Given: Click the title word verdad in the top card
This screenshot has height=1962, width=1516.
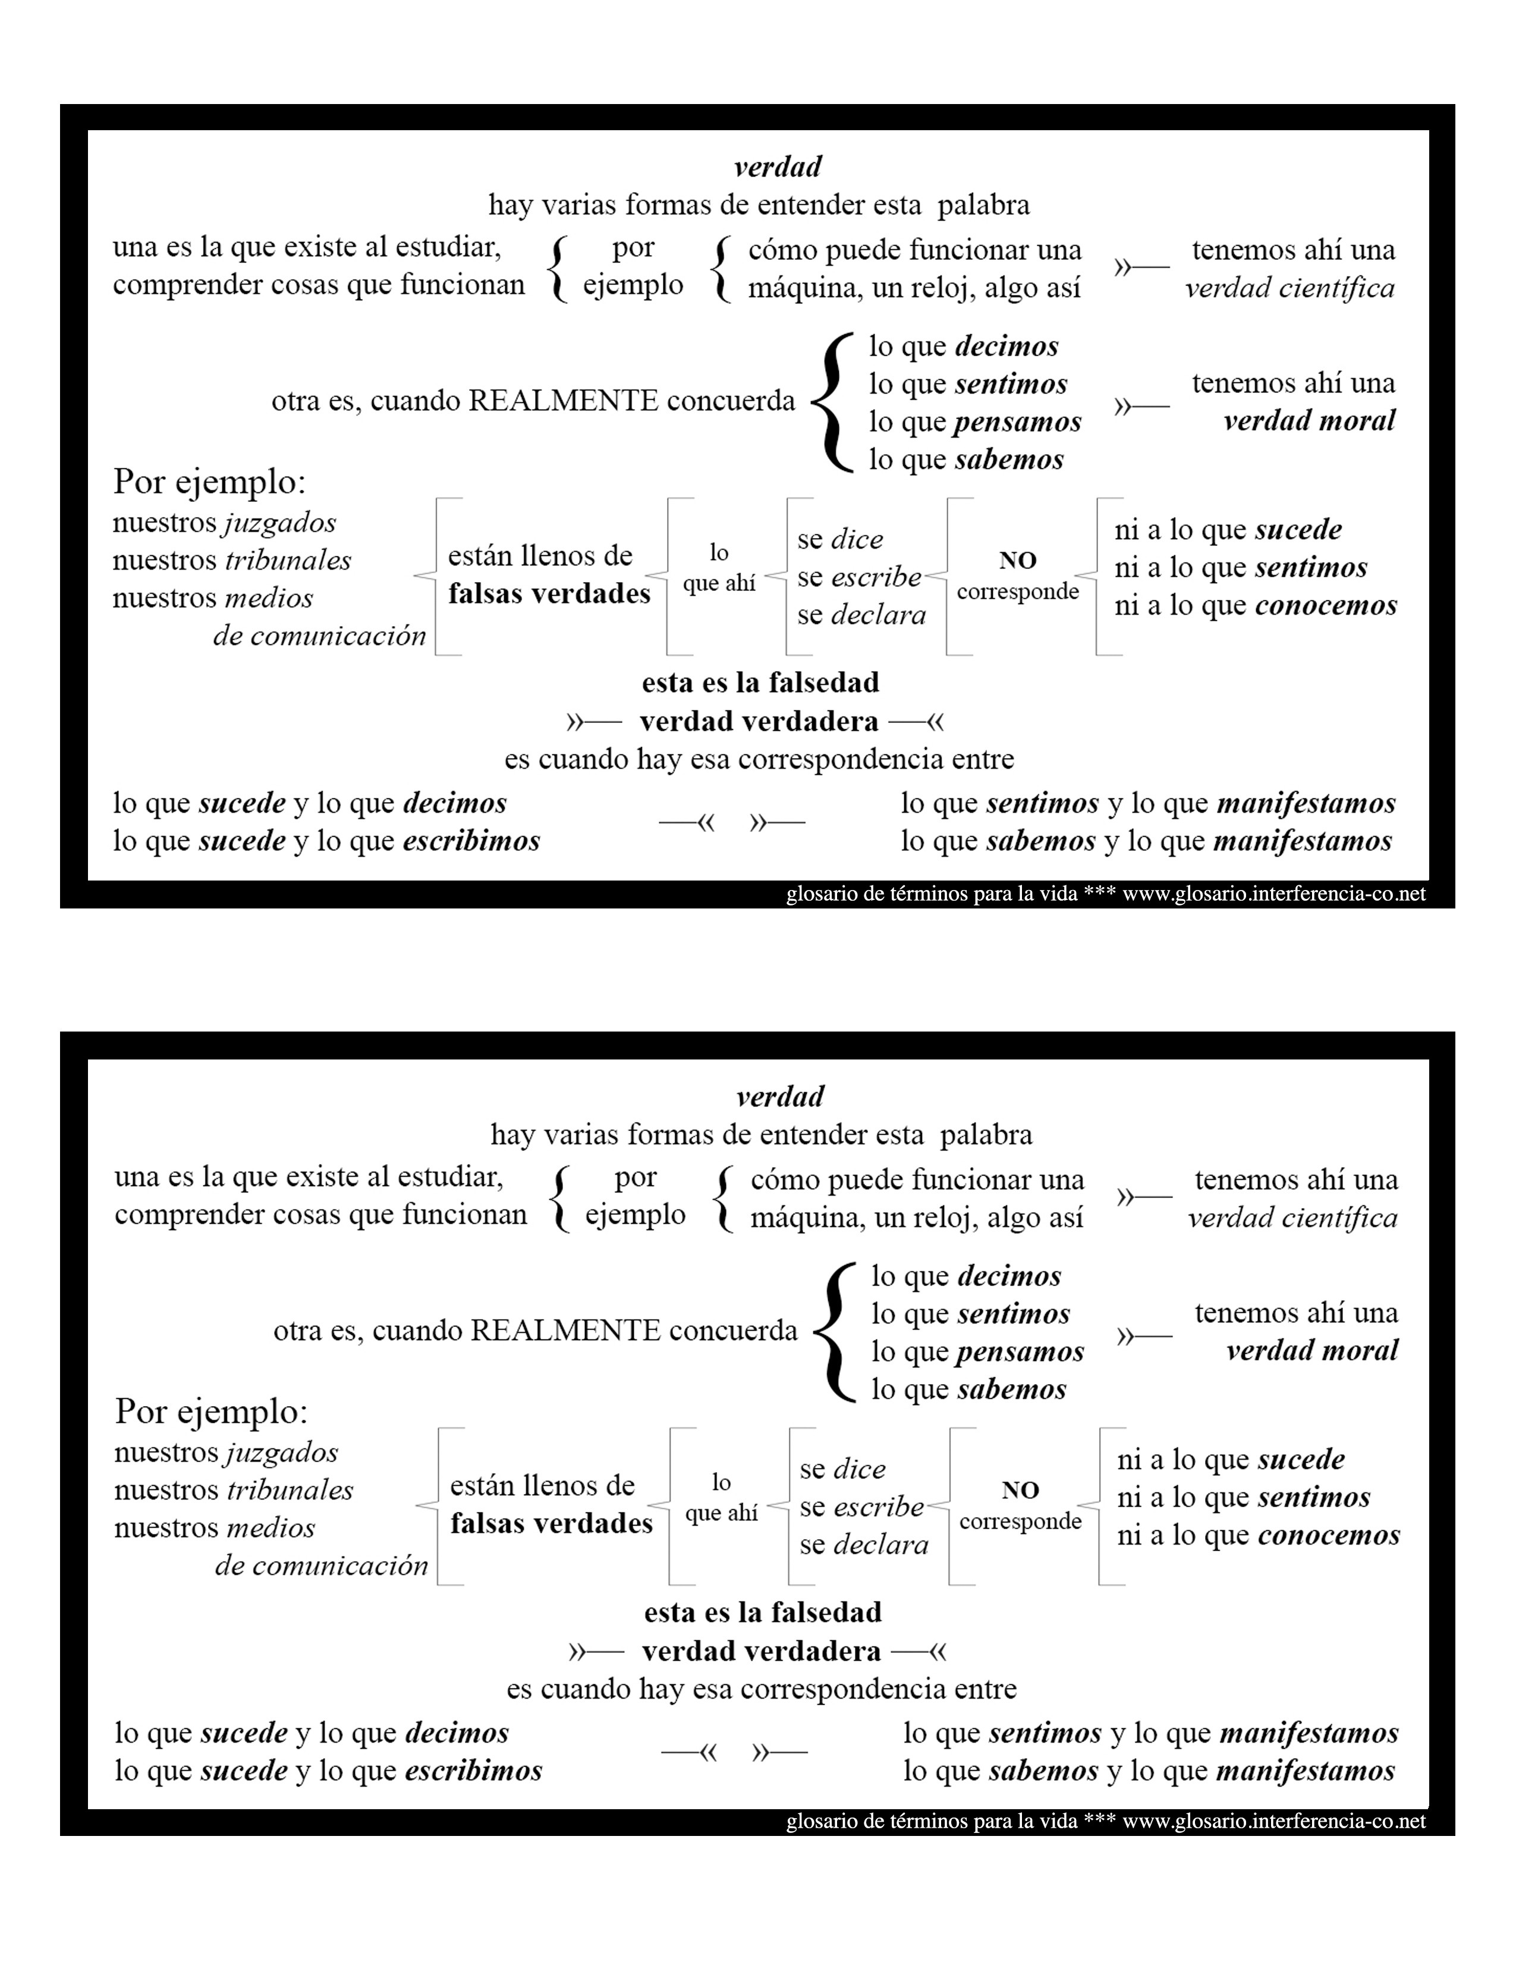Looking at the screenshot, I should pyautogui.click(x=778, y=167).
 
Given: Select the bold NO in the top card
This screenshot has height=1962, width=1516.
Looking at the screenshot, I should pyautogui.click(x=1018, y=561).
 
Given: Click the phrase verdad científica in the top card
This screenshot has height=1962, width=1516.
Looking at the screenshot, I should pyautogui.click(x=1289, y=288).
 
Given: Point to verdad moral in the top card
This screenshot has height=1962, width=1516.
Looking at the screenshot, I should pyautogui.click(x=1310, y=420).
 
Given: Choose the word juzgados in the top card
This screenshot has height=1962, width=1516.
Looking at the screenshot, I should pyautogui.click(x=279, y=523).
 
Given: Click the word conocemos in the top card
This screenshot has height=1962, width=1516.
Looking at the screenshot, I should pyautogui.click(x=1326, y=605).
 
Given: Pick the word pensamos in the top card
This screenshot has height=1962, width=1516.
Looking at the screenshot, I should pyautogui.click(x=1018, y=422).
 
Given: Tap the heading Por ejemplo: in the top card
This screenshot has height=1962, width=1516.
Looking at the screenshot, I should pyautogui.click(x=209, y=482).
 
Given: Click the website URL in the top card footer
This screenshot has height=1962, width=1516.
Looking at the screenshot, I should pyautogui.click(x=1273, y=894).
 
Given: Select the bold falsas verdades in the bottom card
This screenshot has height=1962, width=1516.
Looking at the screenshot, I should pyautogui.click(x=552, y=1524).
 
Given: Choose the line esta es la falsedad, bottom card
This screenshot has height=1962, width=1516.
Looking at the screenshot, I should pyautogui.click(x=763, y=1612).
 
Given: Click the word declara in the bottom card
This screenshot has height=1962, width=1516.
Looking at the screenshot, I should pyautogui.click(x=880, y=1545).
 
